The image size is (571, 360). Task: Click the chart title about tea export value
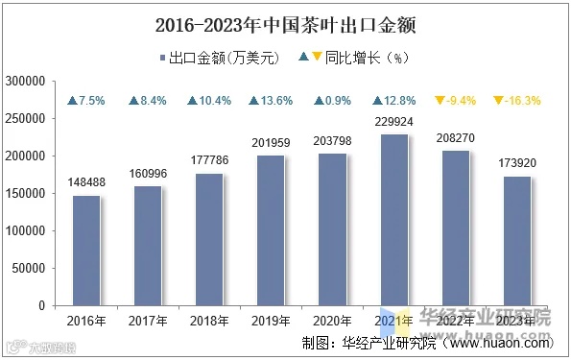coord(285,21)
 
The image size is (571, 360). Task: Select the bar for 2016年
coord(86,251)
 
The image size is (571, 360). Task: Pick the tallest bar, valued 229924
coord(393,220)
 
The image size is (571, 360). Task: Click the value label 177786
coord(208,157)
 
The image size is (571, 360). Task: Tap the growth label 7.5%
coord(86,101)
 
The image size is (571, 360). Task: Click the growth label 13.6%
coord(270,101)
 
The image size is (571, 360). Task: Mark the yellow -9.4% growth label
coord(454,101)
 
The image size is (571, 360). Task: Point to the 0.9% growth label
coord(331,101)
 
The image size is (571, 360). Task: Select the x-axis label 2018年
coord(208,320)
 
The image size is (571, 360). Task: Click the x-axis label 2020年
coord(331,320)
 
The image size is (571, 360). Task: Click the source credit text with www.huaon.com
coord(427,342)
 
